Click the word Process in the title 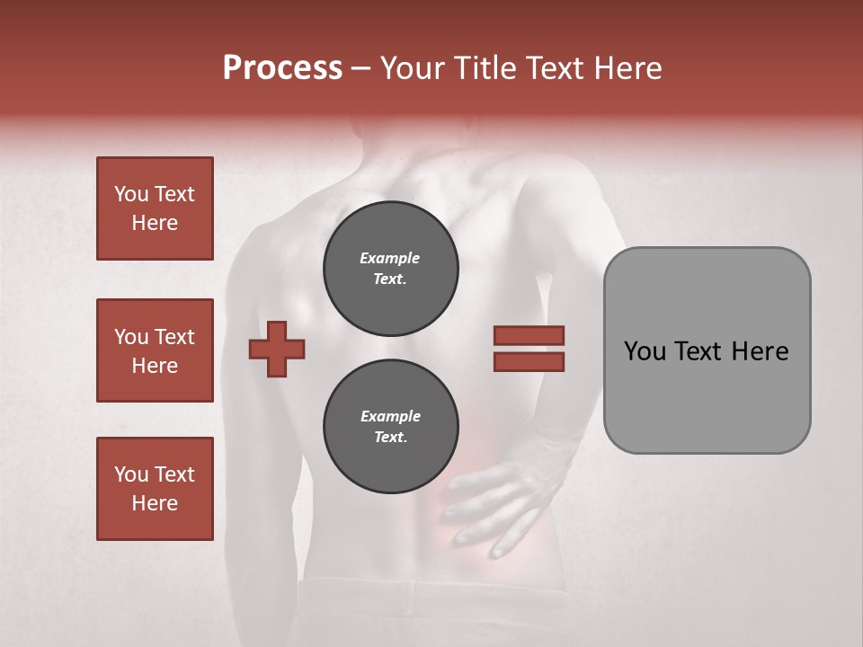(x=282, y=68)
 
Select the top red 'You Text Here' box (x=155, y=208)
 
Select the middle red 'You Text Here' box (x=155, y=350)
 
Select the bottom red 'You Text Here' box (x=155, y=489)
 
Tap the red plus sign (x=277, y=349)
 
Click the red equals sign (x=529, y=349)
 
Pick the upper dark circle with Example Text (x=391, y=269)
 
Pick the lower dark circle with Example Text (x=391, y=427)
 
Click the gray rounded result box (x=707, y=350)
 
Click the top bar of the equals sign (x=529, y=336)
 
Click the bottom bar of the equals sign (x=529, y=361)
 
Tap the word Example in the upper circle (x=390, y=259)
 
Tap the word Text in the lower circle (x=390, y=438)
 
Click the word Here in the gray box (x=761, y=351)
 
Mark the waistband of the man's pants (x=431, y=589)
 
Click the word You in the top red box (x=131, y=194)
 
